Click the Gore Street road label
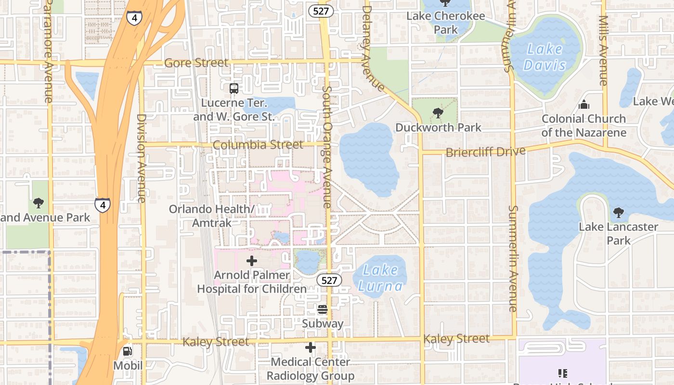196,63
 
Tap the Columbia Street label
258,145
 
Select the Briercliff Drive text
485,152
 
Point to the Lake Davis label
545,57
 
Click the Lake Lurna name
380,278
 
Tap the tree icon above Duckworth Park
438,113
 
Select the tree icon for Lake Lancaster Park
618,212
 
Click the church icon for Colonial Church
584,104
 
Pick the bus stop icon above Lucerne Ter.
233,88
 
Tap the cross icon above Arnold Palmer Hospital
251,261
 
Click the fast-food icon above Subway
323,309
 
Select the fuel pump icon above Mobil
128,351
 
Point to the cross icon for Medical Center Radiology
311,347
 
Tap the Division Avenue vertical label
141,158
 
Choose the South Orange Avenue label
327,147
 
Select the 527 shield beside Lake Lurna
329,280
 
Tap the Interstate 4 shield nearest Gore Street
134,18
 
